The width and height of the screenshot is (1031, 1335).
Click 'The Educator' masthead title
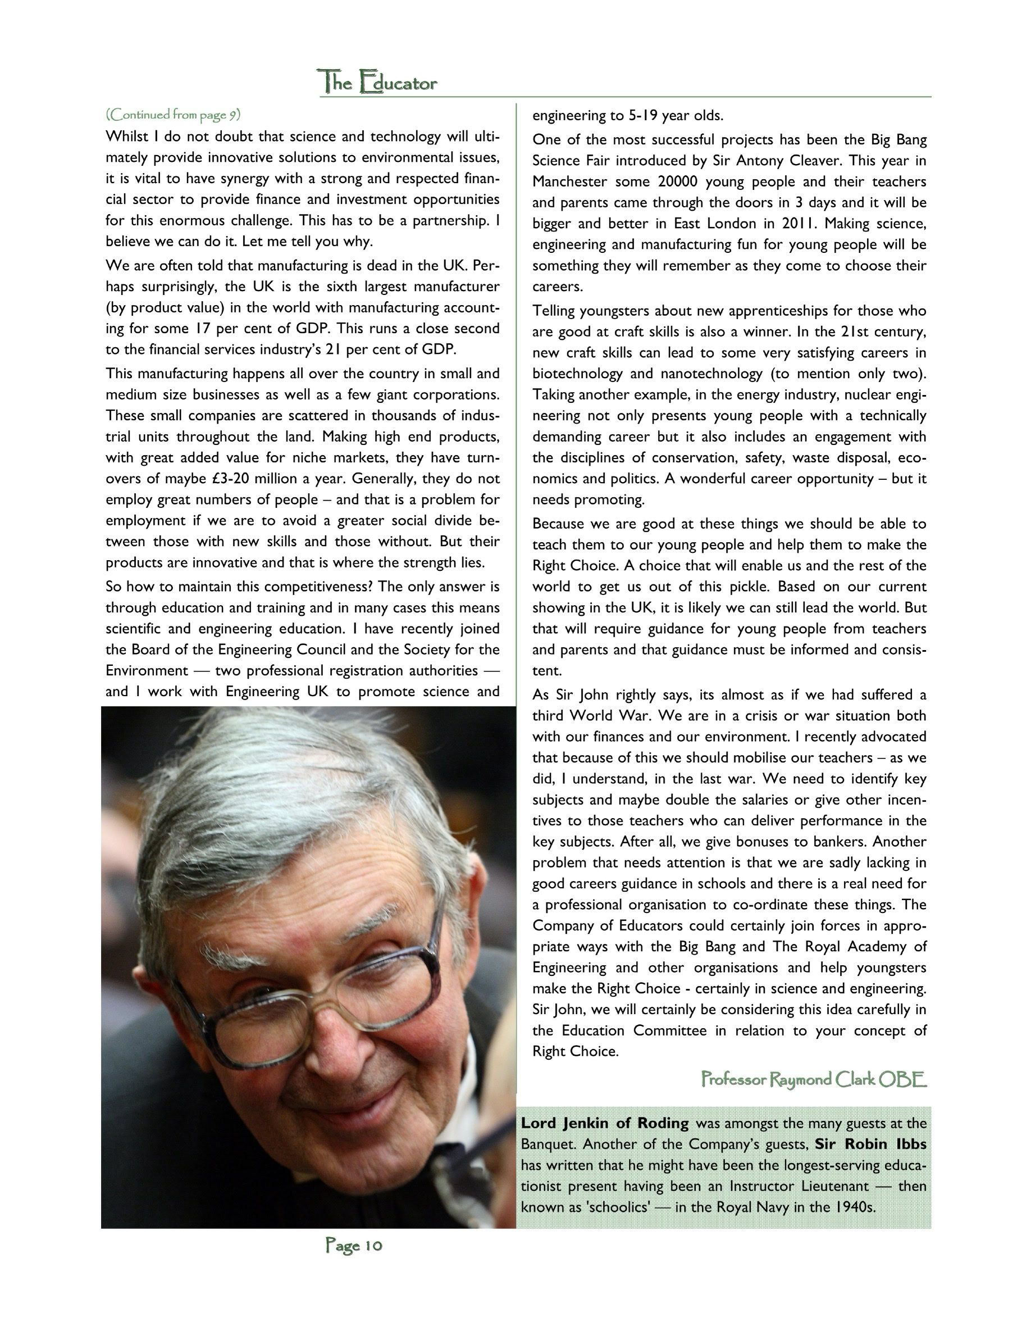tap(377, 83)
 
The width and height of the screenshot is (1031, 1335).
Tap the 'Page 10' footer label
tap(354, 1245)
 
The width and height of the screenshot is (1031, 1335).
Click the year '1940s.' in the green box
tap(853, 1207)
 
